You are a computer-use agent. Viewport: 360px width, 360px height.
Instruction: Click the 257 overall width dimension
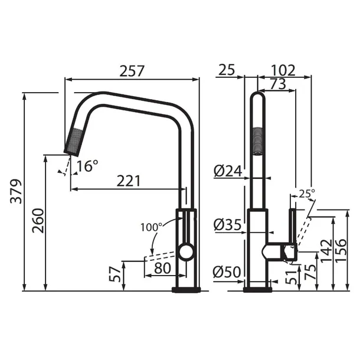point(132,71)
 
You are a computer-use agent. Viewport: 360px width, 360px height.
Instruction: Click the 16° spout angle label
point(87,166)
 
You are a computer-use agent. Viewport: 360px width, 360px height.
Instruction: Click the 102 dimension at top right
point(284,71)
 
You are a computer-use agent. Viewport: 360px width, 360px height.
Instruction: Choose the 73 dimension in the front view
point(275,84)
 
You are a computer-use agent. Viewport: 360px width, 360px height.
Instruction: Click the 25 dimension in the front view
point(226,71)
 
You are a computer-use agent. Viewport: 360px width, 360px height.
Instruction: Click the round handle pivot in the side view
point(185,253)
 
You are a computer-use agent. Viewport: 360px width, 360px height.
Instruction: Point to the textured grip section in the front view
point(257,140)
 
